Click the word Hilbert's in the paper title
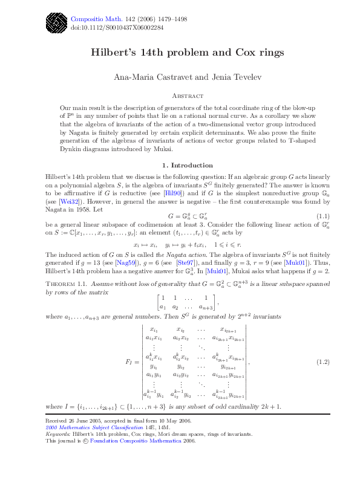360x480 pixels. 112,53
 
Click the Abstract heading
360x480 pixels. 180,96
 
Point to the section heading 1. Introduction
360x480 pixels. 180,165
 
